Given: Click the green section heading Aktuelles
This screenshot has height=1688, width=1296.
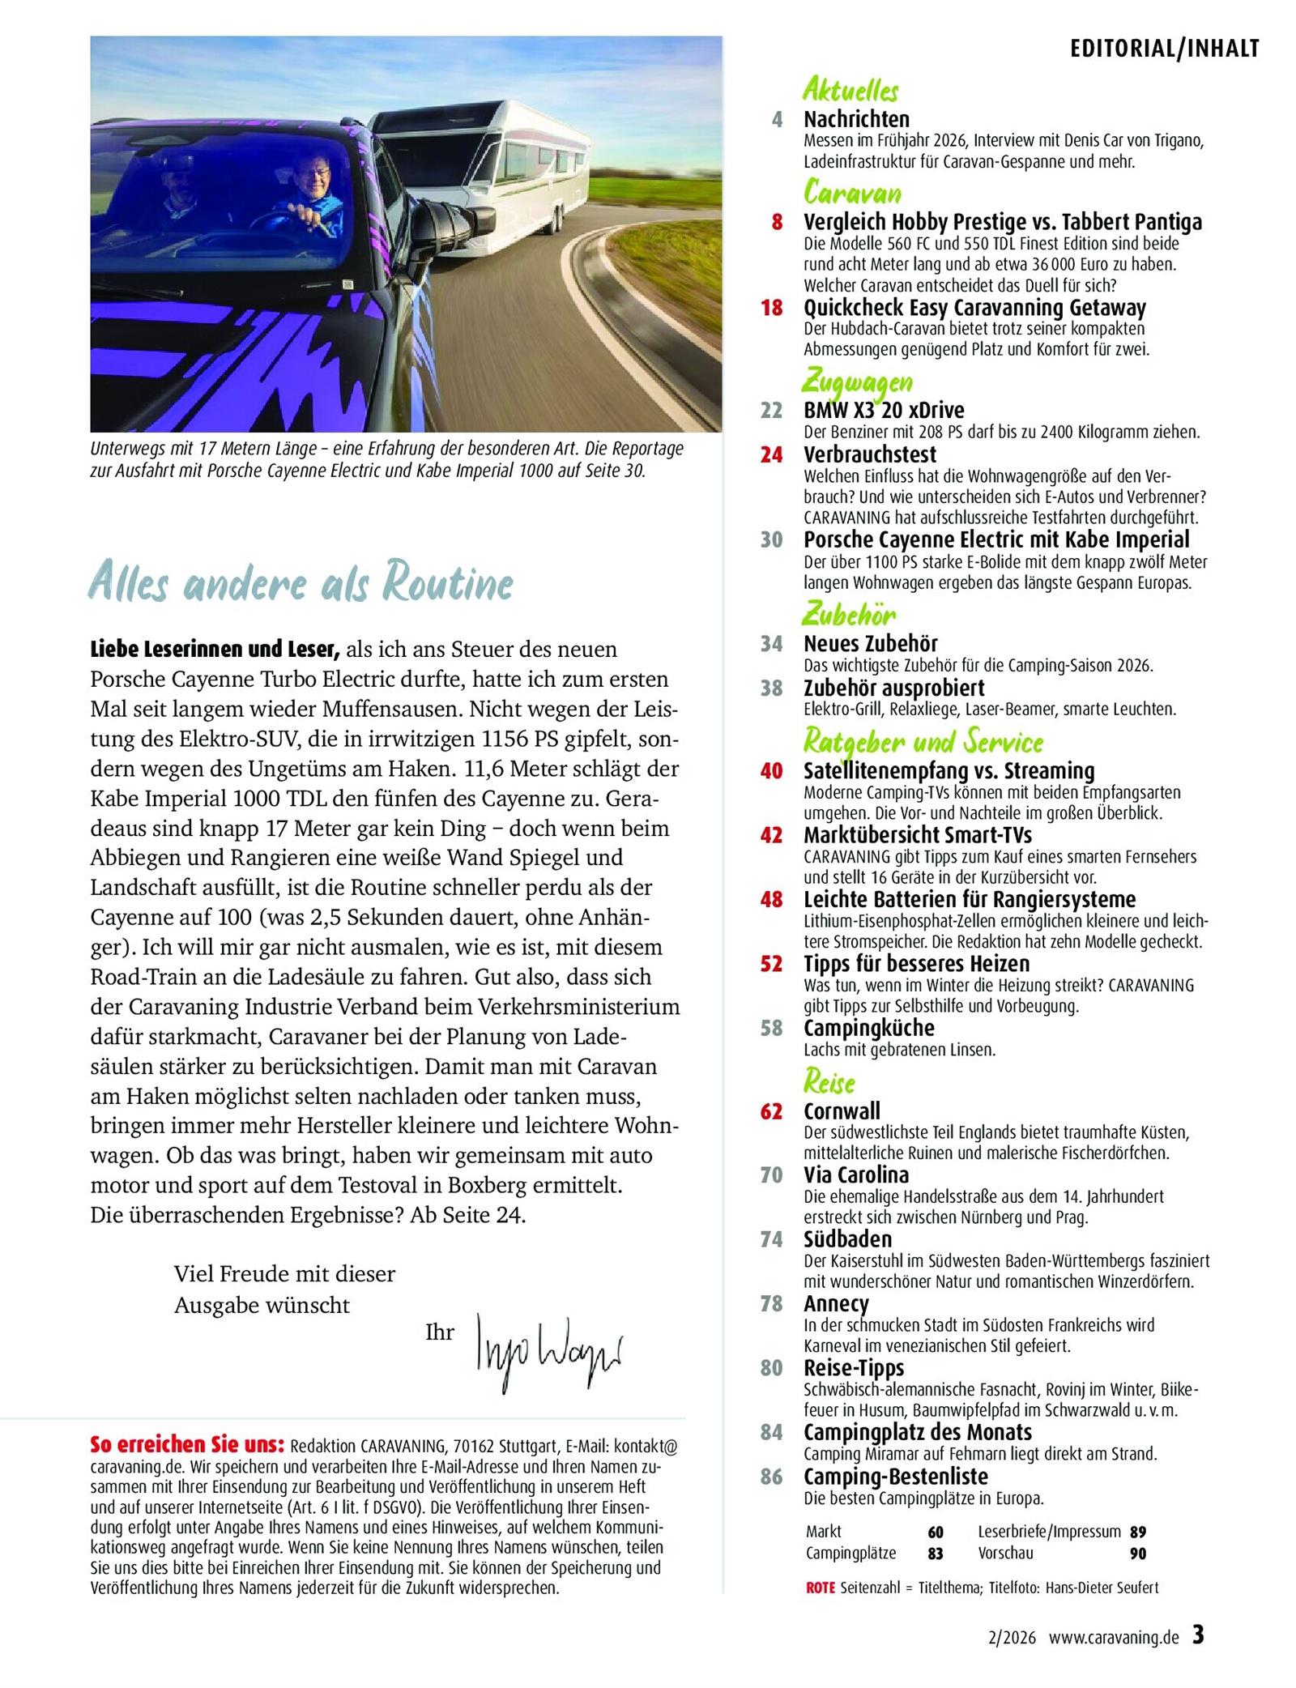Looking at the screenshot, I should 850,90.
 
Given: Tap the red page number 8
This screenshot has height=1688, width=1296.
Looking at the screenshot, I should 777,222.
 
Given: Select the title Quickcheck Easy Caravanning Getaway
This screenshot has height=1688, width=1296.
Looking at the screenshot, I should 974,308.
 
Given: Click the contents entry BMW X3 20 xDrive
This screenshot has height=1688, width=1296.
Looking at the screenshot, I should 884,410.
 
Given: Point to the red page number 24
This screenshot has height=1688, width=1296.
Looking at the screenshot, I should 772,455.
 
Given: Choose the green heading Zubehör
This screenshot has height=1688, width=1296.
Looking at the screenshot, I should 849,615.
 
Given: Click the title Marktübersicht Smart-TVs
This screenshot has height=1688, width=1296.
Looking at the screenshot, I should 918,834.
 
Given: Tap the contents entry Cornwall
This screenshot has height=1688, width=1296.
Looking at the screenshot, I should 842,1110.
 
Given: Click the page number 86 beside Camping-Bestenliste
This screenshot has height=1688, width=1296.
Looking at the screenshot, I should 771,1477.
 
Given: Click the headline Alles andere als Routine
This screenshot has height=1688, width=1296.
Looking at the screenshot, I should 301,582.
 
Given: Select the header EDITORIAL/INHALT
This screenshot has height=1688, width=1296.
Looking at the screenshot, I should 1165,49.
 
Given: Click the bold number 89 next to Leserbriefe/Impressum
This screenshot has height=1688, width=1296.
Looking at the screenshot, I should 1138,1532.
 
